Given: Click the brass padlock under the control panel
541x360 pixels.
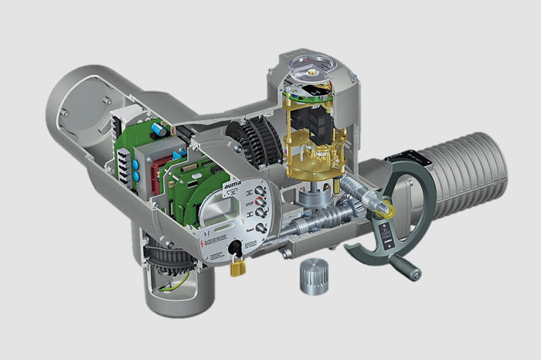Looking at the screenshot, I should pos(238,266).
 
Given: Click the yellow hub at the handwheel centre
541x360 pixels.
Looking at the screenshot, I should pos(383,208).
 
